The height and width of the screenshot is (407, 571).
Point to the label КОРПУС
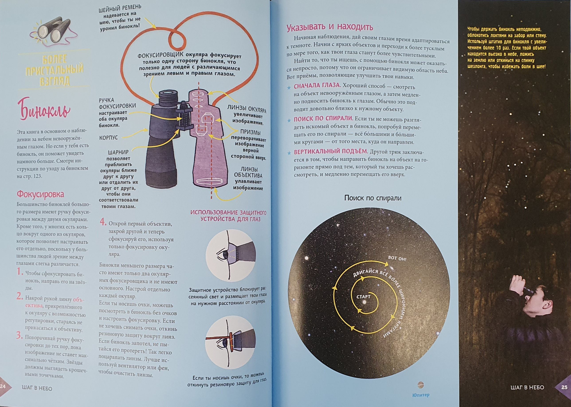[108, 138]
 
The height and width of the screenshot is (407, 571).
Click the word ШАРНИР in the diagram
[118, 152]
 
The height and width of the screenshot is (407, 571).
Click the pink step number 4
[102, 222]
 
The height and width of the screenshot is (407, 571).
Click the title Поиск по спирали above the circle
[373, 198]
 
